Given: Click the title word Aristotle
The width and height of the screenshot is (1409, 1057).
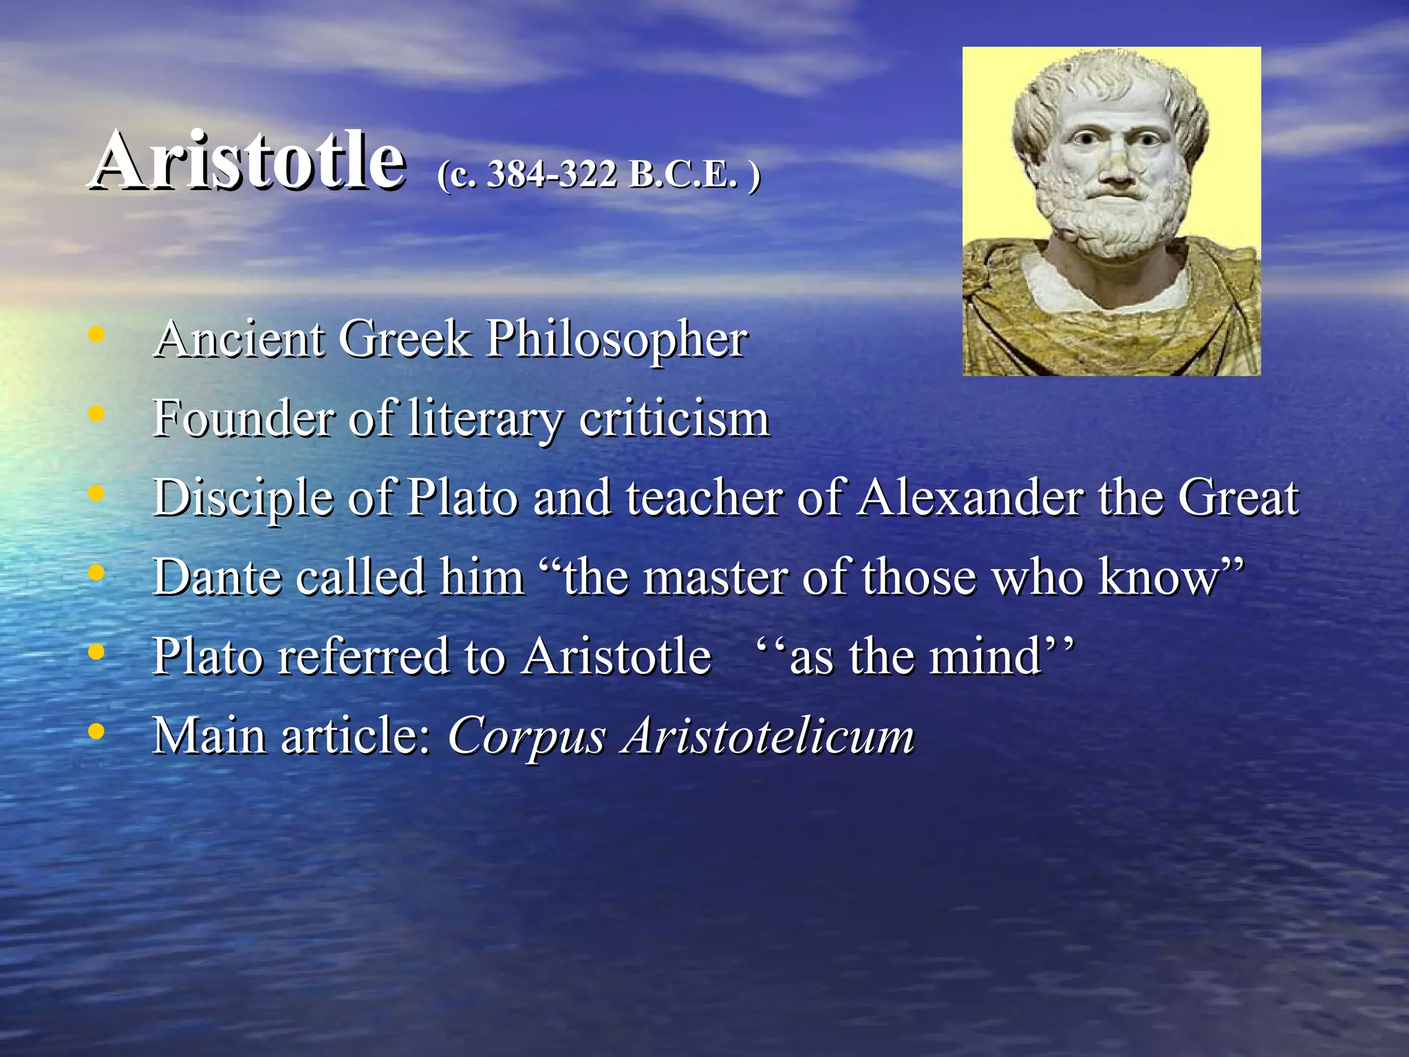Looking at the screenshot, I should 248,161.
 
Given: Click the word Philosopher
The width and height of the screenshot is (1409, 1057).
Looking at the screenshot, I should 616,340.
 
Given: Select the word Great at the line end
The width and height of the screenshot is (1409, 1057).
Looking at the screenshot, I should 1238,498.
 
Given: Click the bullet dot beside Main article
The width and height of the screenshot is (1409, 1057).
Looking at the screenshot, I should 96,731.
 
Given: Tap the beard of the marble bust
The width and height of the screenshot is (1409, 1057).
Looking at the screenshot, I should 1118,220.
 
